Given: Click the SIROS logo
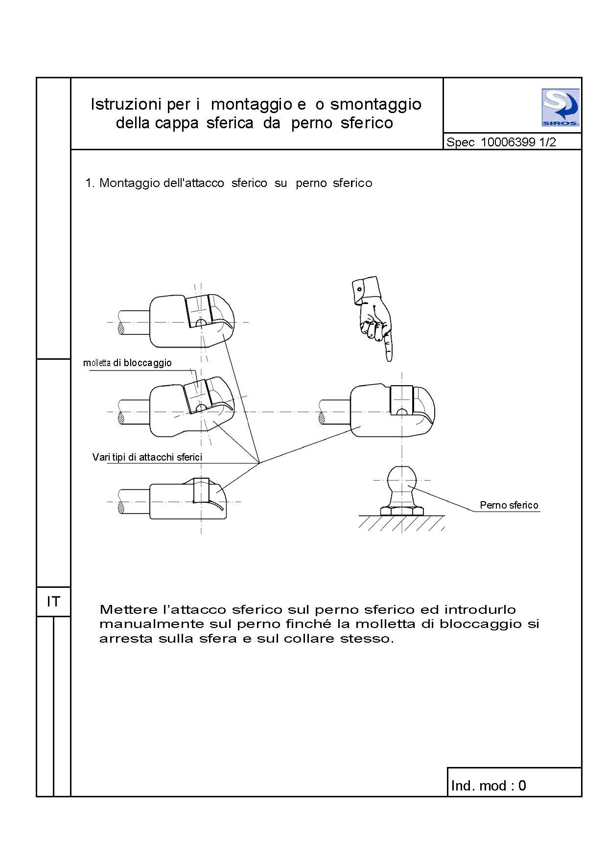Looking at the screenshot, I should (560, 108).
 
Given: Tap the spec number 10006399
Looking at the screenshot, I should (508, 142).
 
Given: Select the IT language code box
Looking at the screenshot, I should (53, 602).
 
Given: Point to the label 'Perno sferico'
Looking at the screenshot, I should (509, 505).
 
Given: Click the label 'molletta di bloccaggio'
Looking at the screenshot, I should (127, 363).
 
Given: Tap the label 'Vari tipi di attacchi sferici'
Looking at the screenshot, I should (147, 457).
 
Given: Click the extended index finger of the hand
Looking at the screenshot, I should (389, 348).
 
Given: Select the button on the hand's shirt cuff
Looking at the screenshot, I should (359, 289).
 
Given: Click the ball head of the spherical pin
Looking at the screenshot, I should (402, 480).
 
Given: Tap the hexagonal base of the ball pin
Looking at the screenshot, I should (401, 511).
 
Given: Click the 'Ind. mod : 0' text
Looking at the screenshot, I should (488, 786).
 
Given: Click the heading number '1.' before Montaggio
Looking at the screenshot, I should (89, 183).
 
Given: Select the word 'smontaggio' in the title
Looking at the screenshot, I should (375, 104).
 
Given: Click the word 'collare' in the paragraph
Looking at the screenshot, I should (311, 639).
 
